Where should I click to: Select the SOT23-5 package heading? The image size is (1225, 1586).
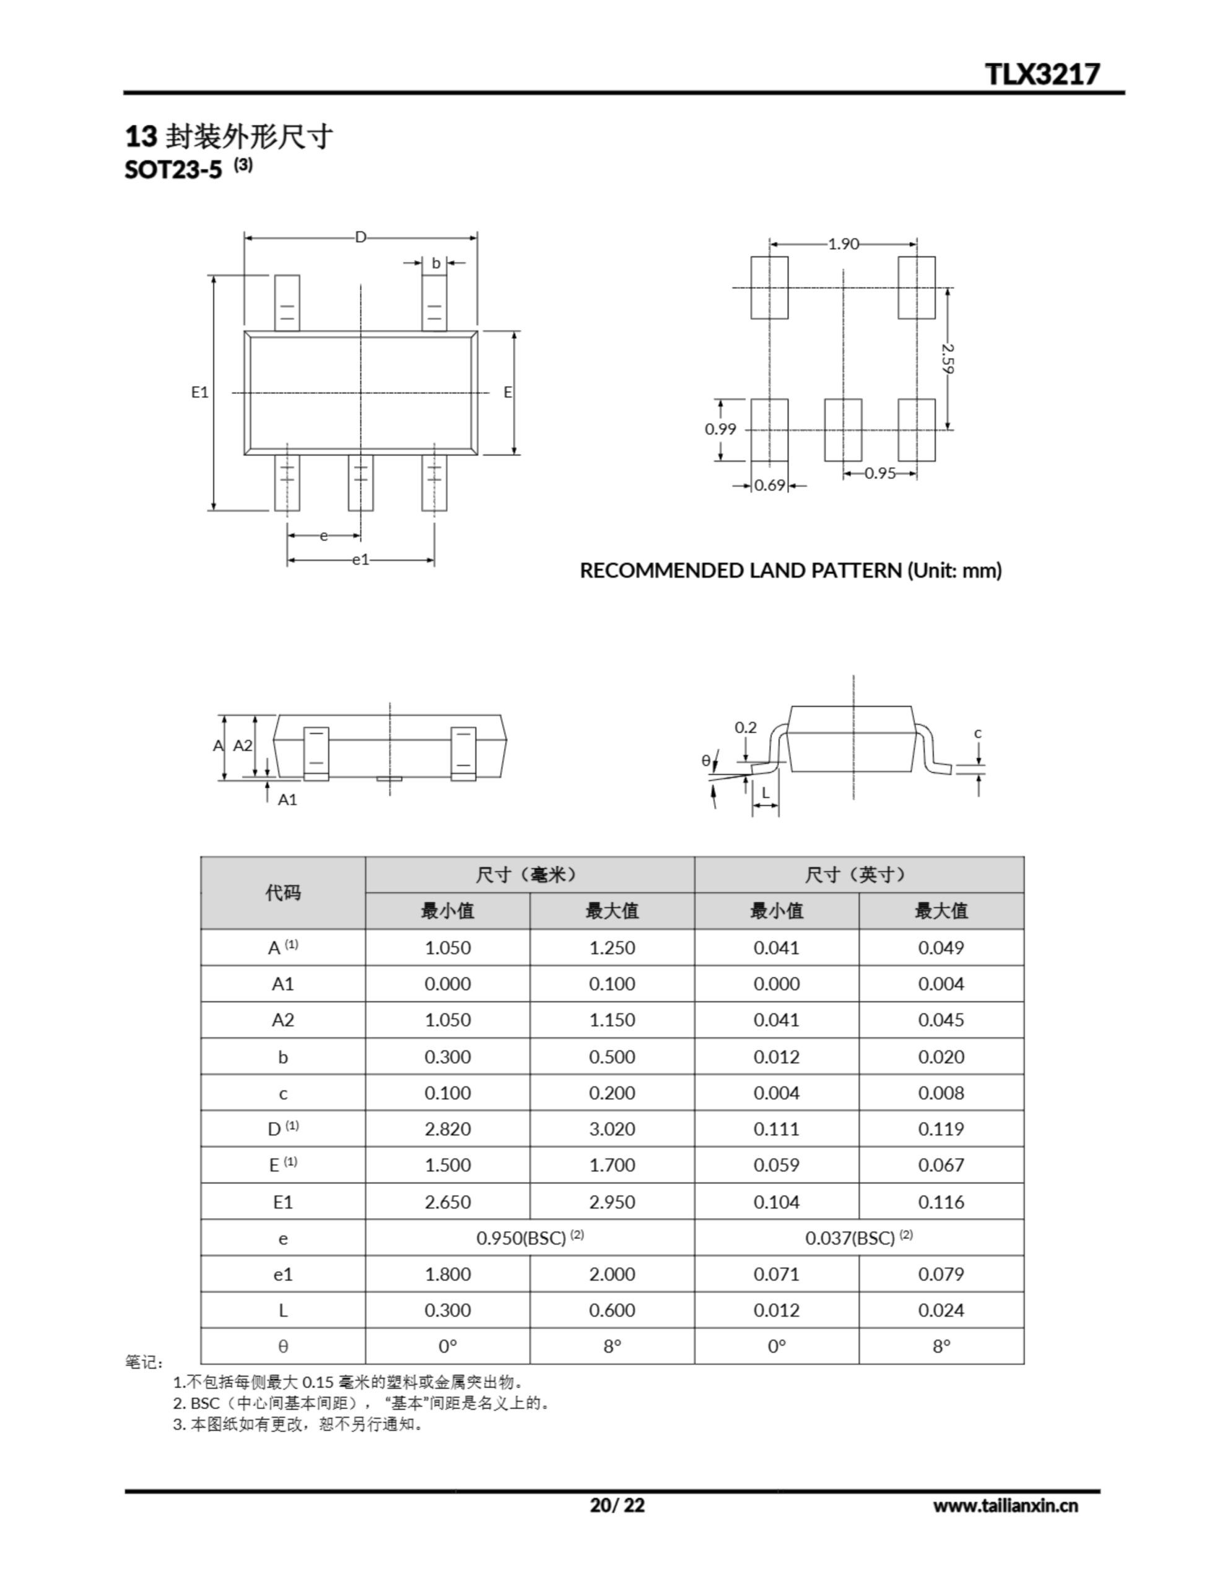pyautogui.click(x=173, y=169)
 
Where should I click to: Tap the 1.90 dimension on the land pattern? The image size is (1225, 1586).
pyautogui.click(x=843, y=244)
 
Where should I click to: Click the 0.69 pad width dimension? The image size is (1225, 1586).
pyautogui.click(x=770, y=485)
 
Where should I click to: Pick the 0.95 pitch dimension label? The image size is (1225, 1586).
pyautogui.click(x=880, y=473)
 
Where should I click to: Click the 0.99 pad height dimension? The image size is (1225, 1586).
pyautogui.click(x=720, y=429)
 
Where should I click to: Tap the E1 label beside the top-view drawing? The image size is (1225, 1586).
pyautogui.click(x=199, y=392)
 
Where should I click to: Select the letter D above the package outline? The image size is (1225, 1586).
pyautogui.click(x=360, y=237)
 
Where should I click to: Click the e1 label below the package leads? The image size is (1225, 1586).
pyautogui.click(x=360, y=559)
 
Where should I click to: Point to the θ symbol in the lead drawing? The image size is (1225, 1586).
pyautogui.click(x=706, y=760)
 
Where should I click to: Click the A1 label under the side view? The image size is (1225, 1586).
pyautogui.click(x=287, y=800)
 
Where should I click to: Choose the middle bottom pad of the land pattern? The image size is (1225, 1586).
pyautogui.click(x=843, y=430)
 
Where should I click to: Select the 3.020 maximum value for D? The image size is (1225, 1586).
pyautogui.click(x=611, y=1129)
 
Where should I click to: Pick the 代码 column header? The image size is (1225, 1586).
pyautogui.click(x=282, y=893)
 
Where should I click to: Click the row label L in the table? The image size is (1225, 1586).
pyautogui.click(x=282, y=1310)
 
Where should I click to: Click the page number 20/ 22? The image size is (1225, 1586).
pyautogui.click(x=616, y=1505)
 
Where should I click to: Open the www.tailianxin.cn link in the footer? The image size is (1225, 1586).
pyautogui.click(x=1005, y=1505)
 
